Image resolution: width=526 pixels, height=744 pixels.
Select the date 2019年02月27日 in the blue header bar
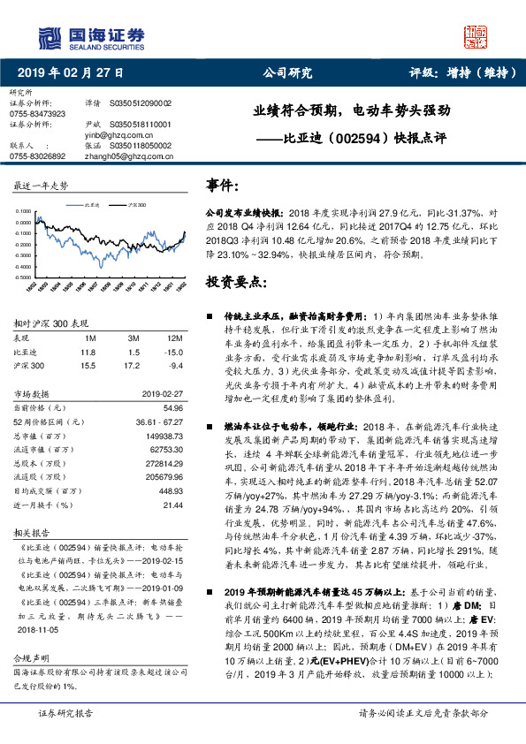coord(72,74)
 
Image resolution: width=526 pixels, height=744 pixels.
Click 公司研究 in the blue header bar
coord(288,74)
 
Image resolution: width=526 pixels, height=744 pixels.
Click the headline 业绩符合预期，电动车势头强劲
coord(352,112)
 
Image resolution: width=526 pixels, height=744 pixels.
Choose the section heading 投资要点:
coord(235,282)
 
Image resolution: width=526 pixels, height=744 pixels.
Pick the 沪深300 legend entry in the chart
coord(136,205)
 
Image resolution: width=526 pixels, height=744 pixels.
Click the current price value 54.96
coord(172,407)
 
